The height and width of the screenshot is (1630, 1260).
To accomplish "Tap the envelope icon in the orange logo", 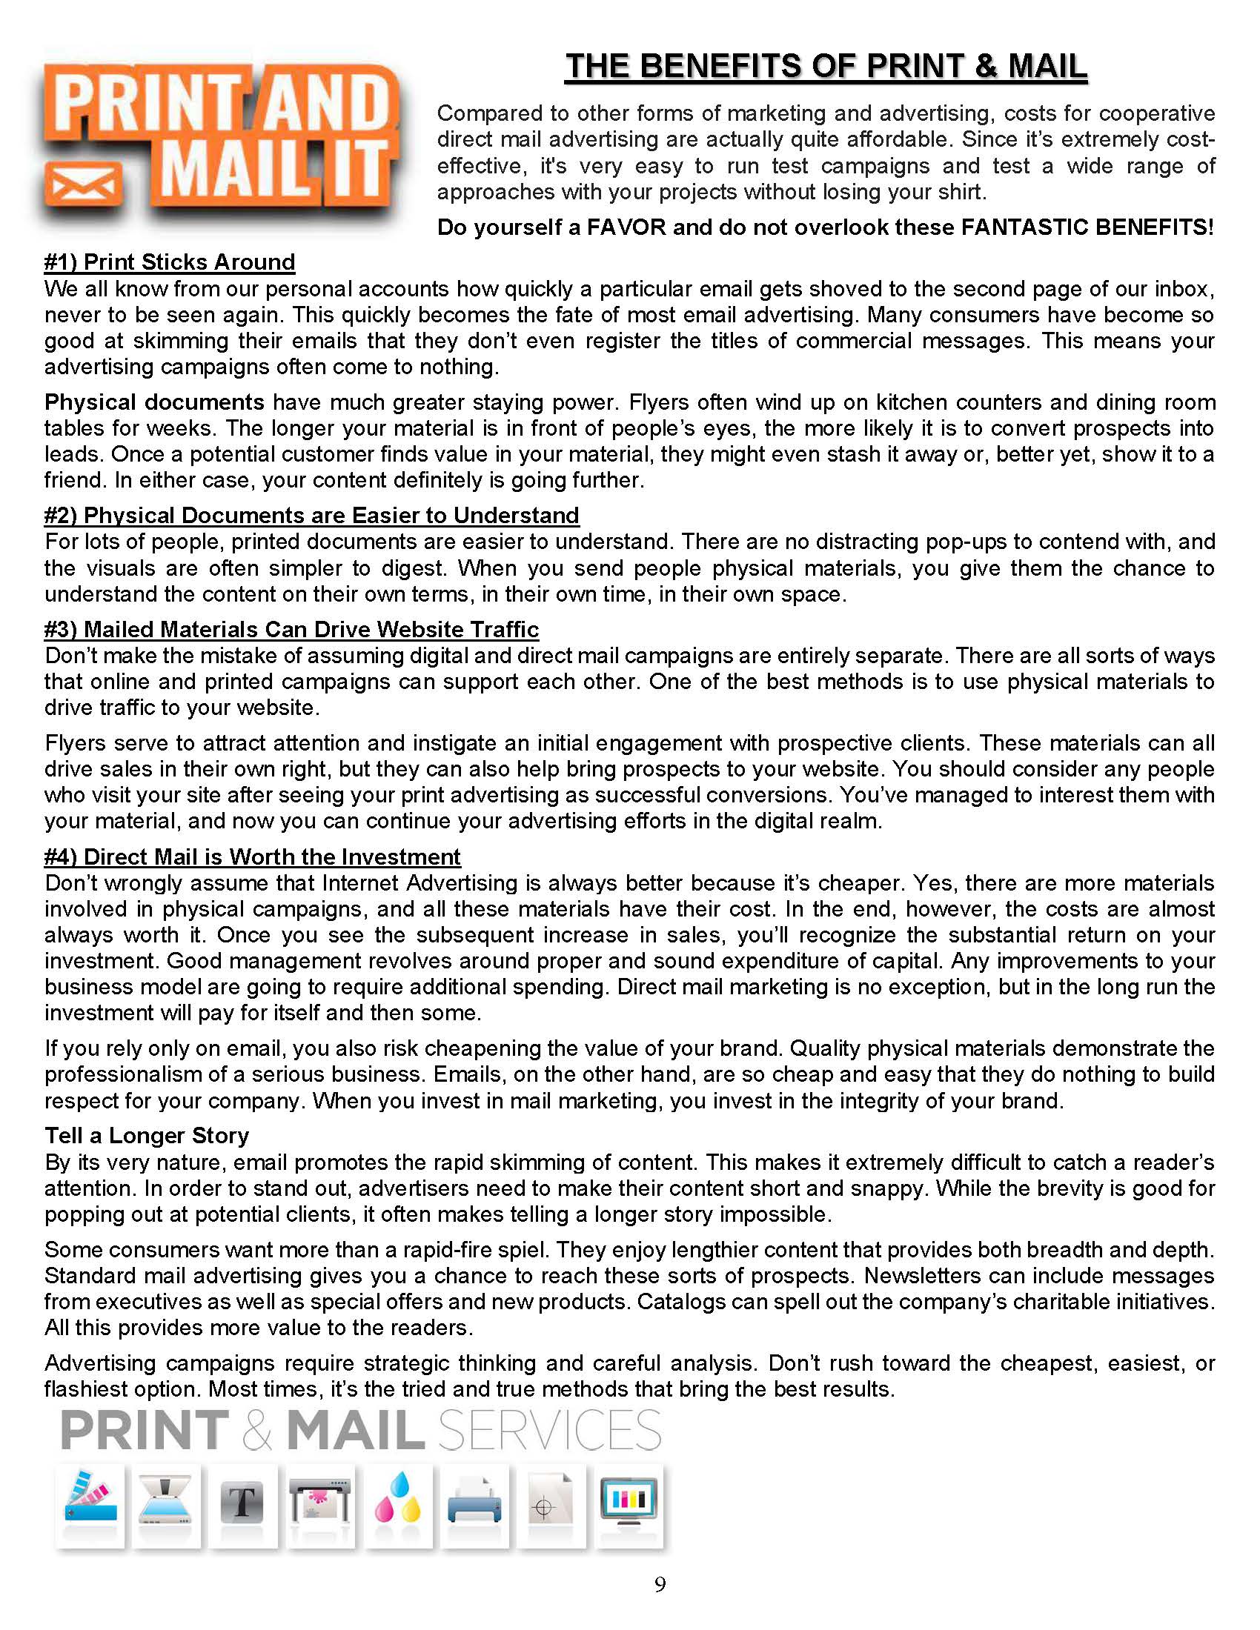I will (83, 182).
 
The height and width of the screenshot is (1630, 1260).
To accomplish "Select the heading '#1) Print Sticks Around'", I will (170, 262).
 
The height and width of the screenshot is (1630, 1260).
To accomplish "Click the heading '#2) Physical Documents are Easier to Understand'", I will (311, 515).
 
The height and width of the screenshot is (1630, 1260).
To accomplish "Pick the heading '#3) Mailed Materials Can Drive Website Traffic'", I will (291, 629).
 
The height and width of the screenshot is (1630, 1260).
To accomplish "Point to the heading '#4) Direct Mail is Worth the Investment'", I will (252, 856).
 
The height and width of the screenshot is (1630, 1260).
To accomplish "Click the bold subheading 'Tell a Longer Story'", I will (146, 1135).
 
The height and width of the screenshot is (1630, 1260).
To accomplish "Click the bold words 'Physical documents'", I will (153, 402).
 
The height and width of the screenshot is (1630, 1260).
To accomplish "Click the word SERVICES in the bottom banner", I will (549, 1430).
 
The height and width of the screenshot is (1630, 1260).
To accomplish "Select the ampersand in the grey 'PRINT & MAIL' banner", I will (256, 1431).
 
